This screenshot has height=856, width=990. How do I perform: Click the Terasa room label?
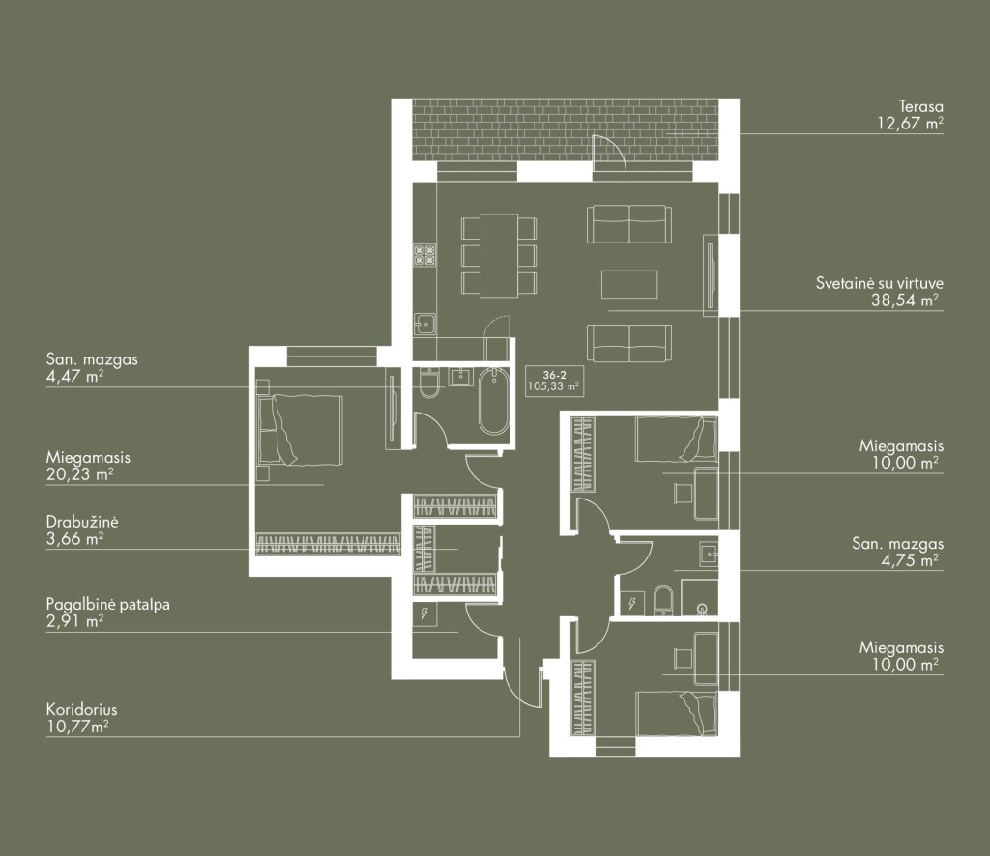point(920,106)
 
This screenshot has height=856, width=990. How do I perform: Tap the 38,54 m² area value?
point(904,300)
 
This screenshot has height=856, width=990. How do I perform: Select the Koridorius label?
point(81,710)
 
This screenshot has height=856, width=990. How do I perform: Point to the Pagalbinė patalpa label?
point(108,604)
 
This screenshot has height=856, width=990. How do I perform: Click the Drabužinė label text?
point(82,523)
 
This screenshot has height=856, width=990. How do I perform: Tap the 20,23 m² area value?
point(79,474)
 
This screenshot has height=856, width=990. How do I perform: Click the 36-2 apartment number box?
point(554,381)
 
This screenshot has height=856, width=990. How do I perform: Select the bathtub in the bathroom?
point(493,402)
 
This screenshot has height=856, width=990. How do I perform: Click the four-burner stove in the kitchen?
point(425,255)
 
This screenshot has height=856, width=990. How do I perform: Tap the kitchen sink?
point(425,325)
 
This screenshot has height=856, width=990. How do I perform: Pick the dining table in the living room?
point(499,255)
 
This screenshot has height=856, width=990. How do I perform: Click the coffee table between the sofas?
point(629,284)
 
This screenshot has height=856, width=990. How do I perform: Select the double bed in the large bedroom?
point(300,431)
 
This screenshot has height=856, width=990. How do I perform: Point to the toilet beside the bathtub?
point(429,384)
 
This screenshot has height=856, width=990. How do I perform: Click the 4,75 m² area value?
point(909,560)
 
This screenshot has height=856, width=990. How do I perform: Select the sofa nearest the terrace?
point(628,224)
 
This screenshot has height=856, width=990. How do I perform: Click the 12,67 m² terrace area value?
point(910,123)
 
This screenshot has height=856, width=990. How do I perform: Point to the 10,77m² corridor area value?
point(77,727)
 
